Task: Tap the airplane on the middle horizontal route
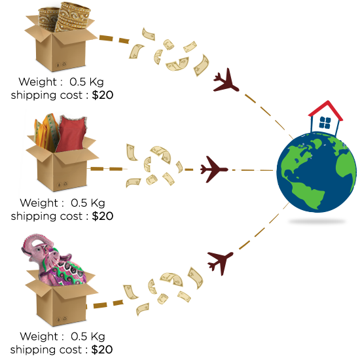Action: [213, 170]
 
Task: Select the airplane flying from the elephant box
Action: [221, 262]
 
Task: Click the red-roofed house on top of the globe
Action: [325, 118]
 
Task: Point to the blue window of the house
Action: [325, 122]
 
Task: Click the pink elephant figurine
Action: [54, 261]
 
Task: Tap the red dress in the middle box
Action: [71, 134]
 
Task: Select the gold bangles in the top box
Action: [64, 16]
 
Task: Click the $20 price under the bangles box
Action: [103, 95]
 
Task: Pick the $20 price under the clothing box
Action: [103, 216]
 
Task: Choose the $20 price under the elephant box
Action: [102, 350]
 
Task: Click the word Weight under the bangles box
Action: [38, 82]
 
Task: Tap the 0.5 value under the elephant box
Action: [79, 336]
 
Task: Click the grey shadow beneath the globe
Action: [317, 221]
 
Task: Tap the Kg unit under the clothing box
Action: [98, 204]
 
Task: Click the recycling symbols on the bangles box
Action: [61, 65]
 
